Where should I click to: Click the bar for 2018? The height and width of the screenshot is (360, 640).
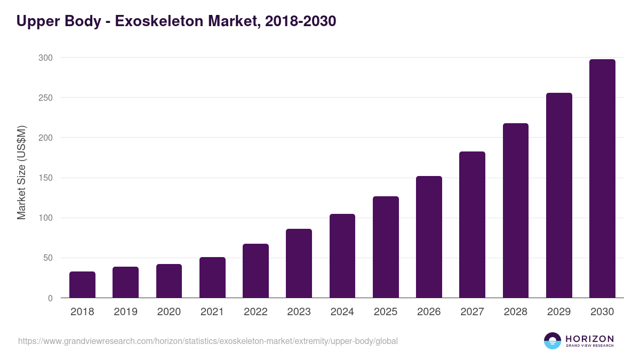tap(82, 285)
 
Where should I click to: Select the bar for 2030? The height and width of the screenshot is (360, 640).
tap(602, 179)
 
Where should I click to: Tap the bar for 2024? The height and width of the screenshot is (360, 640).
tap(342, 256)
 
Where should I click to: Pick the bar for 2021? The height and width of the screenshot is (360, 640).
tap(212, 277)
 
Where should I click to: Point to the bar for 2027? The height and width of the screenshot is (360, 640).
tap(472, 225)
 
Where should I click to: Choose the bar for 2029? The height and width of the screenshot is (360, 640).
tap(559, 195)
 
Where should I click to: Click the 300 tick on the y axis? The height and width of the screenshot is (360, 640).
tap(46, 58)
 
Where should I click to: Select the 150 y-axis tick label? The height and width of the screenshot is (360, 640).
tap(46, 178)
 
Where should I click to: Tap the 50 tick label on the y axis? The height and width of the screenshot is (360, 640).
tap(49, 258)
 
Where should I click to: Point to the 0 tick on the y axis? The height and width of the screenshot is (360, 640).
tap(51, 298)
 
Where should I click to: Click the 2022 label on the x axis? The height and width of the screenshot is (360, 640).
tap(255, 312)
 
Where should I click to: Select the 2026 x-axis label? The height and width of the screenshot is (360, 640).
tap(429, 312)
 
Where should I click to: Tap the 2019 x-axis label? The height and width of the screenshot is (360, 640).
tap(125, 312)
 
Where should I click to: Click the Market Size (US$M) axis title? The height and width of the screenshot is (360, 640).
tap(21, 173)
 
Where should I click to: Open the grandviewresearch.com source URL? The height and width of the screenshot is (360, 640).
tap(208, 341)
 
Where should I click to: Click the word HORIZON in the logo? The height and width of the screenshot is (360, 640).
tap(589, 339)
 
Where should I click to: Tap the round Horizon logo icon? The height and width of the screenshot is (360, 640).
tap(553, 341)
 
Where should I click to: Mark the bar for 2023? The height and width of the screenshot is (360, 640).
tap(299, 263)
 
